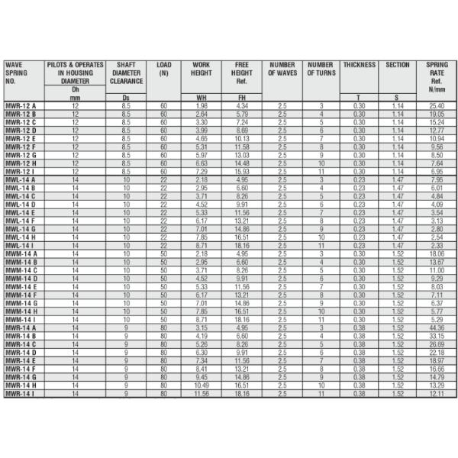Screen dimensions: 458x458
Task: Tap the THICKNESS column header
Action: pyautogui.click(x=359, y=65)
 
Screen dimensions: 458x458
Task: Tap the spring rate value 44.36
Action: pyautogui.click(x=437, y=327)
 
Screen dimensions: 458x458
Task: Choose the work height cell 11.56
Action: pyautogui.click(x=202, y=393)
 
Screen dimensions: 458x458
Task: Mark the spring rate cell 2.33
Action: pyautogui.click(x=437, y=245)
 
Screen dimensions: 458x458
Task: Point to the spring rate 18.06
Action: pyautogui.click(x=437, y=253)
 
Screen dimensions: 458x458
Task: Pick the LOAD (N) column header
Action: pyautogui.click(x=163, y=69)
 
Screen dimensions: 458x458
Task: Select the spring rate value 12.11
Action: pyautogui.click(x=437, y=393)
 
